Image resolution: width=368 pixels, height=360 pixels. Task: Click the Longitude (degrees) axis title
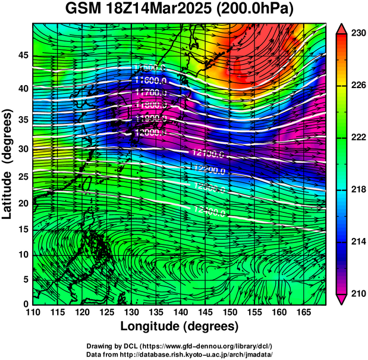[x=180, y=327]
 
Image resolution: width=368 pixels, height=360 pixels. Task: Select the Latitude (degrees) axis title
[x=8, y=164]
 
